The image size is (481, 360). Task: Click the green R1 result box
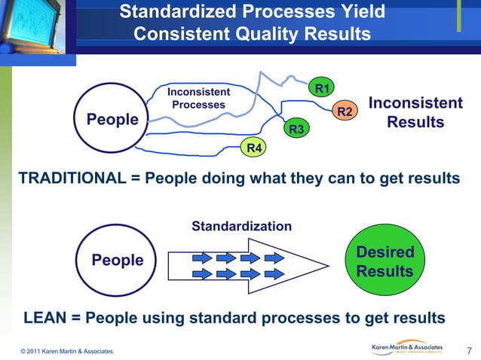click(322, 89)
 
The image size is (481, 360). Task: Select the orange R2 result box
click(345, 111)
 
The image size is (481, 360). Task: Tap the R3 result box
click(296, 130)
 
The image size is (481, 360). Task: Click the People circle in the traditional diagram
click(113, 119)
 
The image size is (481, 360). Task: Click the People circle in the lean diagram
click(117, 260)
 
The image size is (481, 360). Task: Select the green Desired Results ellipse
click(384, 261)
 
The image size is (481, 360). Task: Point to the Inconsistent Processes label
click(198, 98)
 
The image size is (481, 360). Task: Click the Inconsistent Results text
click(415, 113)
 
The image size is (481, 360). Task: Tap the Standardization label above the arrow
click(241, 226)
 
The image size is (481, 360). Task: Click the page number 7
click(469, 349)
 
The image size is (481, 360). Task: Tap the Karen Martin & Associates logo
click(408, 348)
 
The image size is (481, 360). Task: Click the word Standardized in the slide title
click(179, 12)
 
